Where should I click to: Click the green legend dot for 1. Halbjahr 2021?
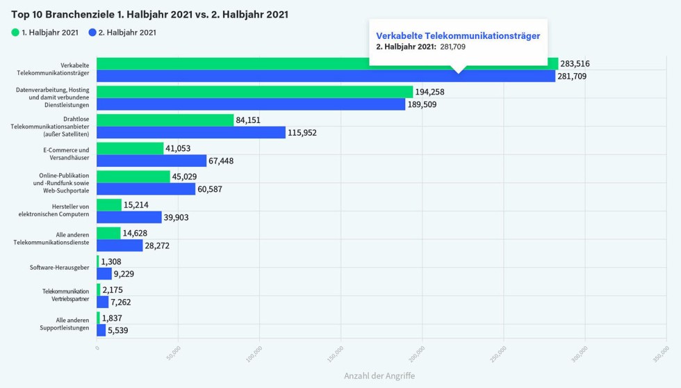tap(15, 33)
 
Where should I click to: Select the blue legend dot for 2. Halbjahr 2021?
tap(92, 33)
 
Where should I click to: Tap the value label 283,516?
tap(575, 63)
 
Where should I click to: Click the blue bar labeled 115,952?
tap(190, 132)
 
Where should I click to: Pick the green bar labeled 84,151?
tap(165, 120)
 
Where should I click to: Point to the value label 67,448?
tap(224, 161)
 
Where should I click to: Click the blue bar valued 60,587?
tap(146, 189)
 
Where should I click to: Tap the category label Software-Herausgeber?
tap(59, 268)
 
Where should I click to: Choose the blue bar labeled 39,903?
tap(129, 217)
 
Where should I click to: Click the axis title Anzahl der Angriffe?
tap(379, 375)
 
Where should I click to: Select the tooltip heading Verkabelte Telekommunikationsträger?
tap(458, 35)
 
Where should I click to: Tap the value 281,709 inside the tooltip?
tap(452, 47)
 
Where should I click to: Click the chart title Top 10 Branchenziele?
tap(149, 14)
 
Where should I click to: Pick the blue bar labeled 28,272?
tap(120, 245)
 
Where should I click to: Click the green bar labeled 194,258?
tap(254, 92)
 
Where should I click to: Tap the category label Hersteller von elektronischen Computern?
tap(60, 211)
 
